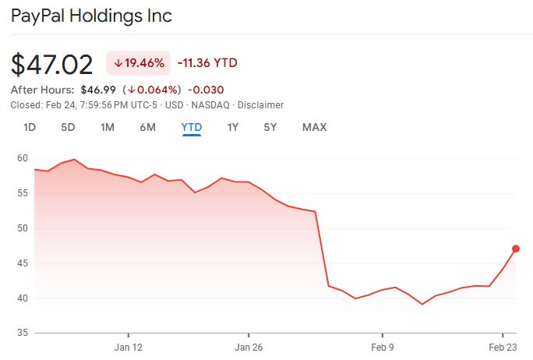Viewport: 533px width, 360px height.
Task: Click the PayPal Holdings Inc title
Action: point(92,16)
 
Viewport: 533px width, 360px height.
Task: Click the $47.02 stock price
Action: point(51,64)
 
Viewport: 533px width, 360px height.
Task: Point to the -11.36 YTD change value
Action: point(206,63)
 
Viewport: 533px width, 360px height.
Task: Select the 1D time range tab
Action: point(30,127)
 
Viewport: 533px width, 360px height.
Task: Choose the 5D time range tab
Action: point(68,127)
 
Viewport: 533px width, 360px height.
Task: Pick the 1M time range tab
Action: point(108,127)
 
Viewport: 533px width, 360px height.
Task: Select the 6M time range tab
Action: point(147,127)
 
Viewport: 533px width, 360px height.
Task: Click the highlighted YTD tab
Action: point(191,127)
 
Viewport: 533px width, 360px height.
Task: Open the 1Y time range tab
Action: point(232,127)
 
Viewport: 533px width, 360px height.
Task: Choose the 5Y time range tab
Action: point(270,127)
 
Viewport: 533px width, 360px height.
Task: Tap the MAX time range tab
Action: point(314,127)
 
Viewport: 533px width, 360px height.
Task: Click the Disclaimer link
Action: point(260,105)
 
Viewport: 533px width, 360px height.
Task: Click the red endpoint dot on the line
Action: point(515,249)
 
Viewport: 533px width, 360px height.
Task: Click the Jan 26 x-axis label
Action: point(248,348)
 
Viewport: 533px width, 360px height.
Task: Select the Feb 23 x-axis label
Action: point(503,348)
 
